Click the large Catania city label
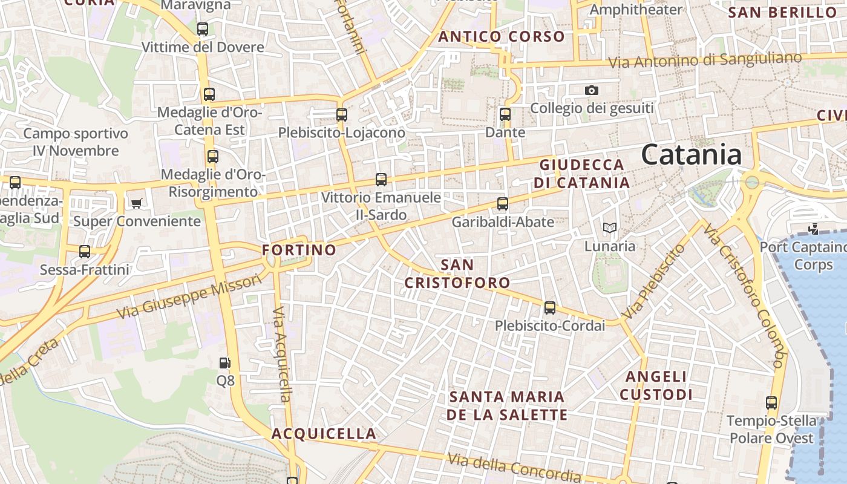pos(692,154)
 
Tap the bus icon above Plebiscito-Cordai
pos(550,308)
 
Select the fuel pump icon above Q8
pos(224,363)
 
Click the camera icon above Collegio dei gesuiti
pos(592,91)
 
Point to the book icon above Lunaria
pos(610,228)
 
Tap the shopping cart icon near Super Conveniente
pos(137,203)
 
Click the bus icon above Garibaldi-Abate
pos(503,204)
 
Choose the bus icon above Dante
pos(505,114)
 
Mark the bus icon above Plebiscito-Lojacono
pos(342,114)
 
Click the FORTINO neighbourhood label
pos(299,250)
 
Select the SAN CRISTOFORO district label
pos(457,273)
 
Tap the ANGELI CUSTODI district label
pos(656,385)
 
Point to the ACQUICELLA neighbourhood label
pos(324,434)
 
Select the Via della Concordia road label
pos(514,467)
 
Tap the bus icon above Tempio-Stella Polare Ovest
pos(771,403)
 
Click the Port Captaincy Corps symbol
pos(814,229)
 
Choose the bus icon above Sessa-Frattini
pos(85,252)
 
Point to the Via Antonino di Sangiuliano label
pos(705,60)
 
